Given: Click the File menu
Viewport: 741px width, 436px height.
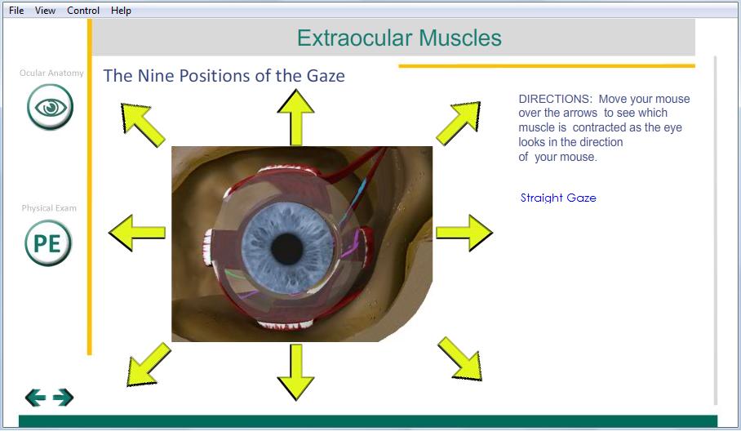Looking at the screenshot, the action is click(x=16, y=11).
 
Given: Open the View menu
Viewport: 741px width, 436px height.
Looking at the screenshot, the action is click(x=45, y=11).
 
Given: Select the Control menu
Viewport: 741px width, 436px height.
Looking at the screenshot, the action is click(x=83, y=11).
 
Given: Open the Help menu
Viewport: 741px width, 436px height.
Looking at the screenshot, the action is click(x=121, y=11).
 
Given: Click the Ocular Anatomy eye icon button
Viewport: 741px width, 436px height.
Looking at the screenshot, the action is click(x=50, y=107).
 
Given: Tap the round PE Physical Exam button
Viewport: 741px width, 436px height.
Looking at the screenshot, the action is click(x=48, y=243).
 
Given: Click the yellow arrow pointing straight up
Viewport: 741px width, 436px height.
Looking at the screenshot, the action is click(x=296, y=118).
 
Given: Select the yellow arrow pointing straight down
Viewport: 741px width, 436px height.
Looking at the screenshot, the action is click(x=296, y=372).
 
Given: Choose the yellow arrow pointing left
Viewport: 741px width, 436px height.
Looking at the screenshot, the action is click(x=137, y=233).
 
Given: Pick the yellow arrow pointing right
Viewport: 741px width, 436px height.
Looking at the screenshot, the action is click(x=464, y=233).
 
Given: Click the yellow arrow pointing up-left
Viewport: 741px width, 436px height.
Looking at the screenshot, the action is click(x=142, y=124).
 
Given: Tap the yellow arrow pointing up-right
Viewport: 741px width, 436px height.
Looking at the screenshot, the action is click(x=459, y=123).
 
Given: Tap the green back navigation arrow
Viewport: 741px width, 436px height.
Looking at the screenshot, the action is click(x=35, y=398).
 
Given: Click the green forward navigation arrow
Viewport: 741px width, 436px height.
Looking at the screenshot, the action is click(x=64, y=398).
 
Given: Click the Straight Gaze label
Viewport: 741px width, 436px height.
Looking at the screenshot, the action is click(x=558, y=198).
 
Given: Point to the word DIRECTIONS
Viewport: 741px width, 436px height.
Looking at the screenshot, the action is click(x=555, y=99).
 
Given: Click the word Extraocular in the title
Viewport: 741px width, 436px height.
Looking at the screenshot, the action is click(x=354, y=38).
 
